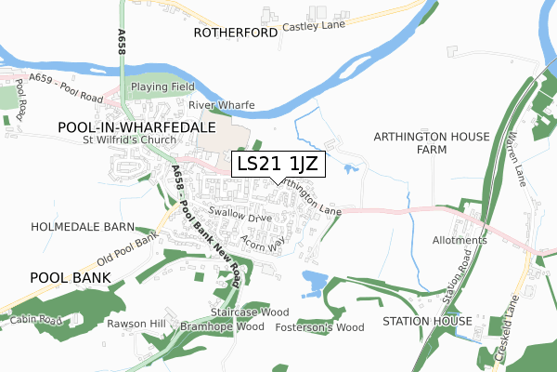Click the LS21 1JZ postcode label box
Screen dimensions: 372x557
[x=278, y=165]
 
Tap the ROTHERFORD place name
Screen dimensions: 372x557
[x=236, y=33]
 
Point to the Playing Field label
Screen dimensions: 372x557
[x=162, y=86]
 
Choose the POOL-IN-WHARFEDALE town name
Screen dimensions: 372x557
[x=136, y=125]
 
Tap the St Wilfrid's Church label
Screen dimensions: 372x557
[x=136, y=140]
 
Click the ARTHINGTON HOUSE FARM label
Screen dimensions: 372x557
[x=431, y=142]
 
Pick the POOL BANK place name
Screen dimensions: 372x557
[x=70, y=277]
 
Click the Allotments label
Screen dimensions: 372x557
[x=460, y=240]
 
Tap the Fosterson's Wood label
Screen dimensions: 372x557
[x=319, y=326]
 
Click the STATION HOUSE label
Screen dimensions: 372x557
[x=433, y=321]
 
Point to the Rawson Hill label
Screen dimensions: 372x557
[x=135, y=324]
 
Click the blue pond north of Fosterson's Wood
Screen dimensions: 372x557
[x=314, y=281]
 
